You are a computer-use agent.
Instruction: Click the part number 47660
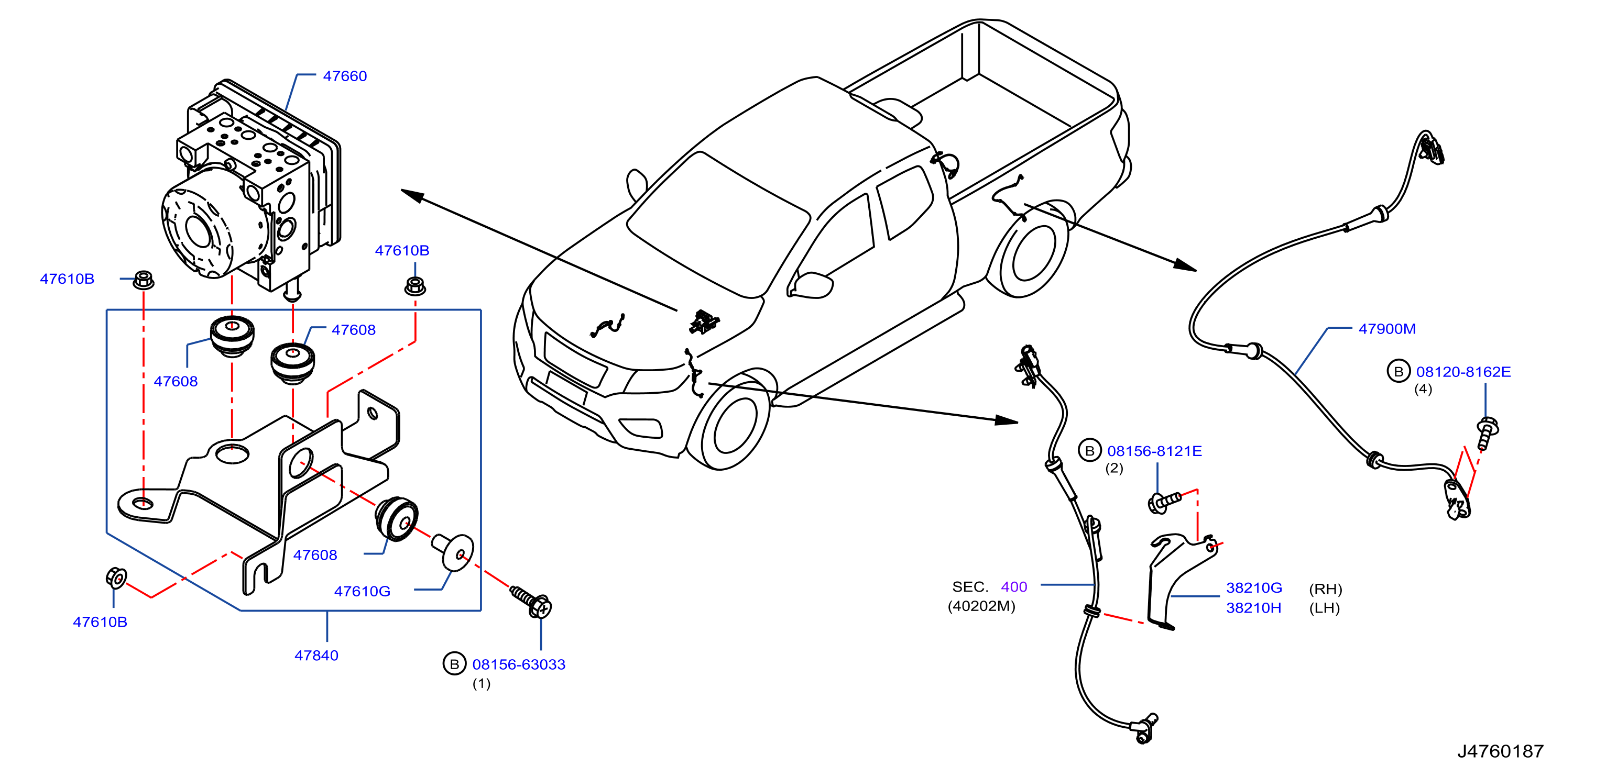click(345, 76)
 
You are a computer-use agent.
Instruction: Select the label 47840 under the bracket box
click(316, 656)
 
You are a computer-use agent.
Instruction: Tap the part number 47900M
click(1386, 328)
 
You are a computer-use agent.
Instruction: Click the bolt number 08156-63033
click(519, 664)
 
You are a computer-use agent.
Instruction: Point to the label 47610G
click(362, 591)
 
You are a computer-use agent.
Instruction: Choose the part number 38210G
click(1254, 587)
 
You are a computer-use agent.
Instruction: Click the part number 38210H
click(1253, 607)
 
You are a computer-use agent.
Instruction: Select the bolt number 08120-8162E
click(1463, 372)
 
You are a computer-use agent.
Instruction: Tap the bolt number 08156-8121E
click(1154, 451)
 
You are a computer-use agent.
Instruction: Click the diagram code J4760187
click(1500, 751)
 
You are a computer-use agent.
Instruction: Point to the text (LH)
click(1324, 607)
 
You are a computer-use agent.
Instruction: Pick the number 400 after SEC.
click(1014, 587)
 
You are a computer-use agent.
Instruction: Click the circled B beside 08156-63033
click(454, 664)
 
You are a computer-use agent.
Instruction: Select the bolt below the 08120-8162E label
click(1487, 434)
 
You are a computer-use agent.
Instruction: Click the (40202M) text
click(981, 606)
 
